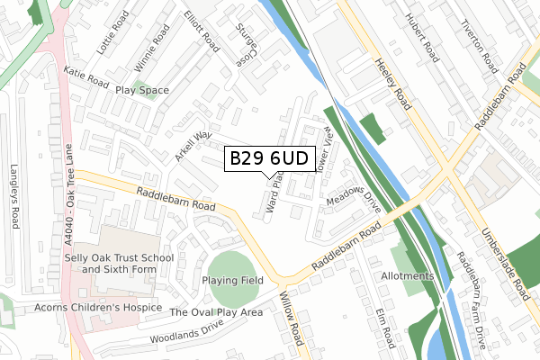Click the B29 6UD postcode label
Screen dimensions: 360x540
click(x=270, y=158)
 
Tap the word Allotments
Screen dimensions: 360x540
click(x=407, y=275)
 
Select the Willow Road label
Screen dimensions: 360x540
click(x=292, y=318)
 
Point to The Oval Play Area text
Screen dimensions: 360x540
click(x=216, y=312)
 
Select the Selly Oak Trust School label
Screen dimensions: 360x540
click(x=126, y=264)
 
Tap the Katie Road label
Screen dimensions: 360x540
click(x=85, y=78)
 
